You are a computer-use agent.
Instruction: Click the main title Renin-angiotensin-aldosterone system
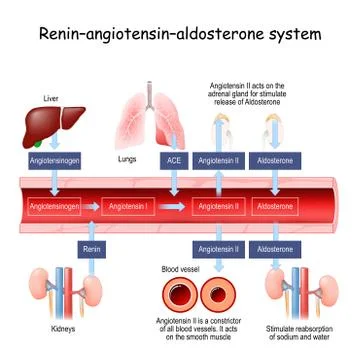point(180,34)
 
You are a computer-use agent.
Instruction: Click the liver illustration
point(52,124)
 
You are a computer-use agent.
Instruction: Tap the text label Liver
point(38,98)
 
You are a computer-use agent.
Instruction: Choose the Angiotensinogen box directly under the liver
point(51,159)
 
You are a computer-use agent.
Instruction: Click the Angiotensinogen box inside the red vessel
point(54,206)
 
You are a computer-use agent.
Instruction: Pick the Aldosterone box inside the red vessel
point(275,206)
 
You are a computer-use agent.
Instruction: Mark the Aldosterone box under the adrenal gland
point(275,159)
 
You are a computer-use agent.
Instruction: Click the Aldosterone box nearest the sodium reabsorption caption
point(275,247)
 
